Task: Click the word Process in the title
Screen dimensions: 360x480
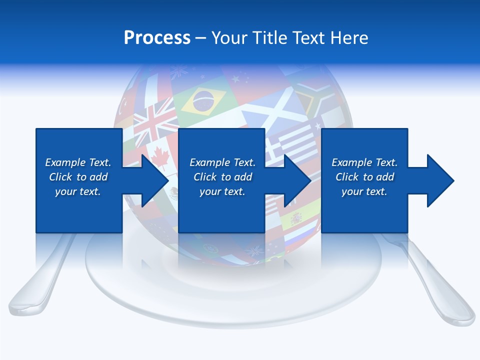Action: [157, 38]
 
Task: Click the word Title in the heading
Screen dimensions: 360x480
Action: [269, 38]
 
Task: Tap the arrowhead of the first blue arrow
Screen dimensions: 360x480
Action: [154, 180]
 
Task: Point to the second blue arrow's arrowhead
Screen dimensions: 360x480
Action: [297, 180]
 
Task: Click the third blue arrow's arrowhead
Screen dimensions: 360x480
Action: [440, 180]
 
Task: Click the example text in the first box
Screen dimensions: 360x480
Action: [78, 177]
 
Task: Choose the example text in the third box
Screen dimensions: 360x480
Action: [364, 177]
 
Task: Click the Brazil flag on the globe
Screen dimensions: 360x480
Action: [204, 100]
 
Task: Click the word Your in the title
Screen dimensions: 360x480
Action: [230, 38]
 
